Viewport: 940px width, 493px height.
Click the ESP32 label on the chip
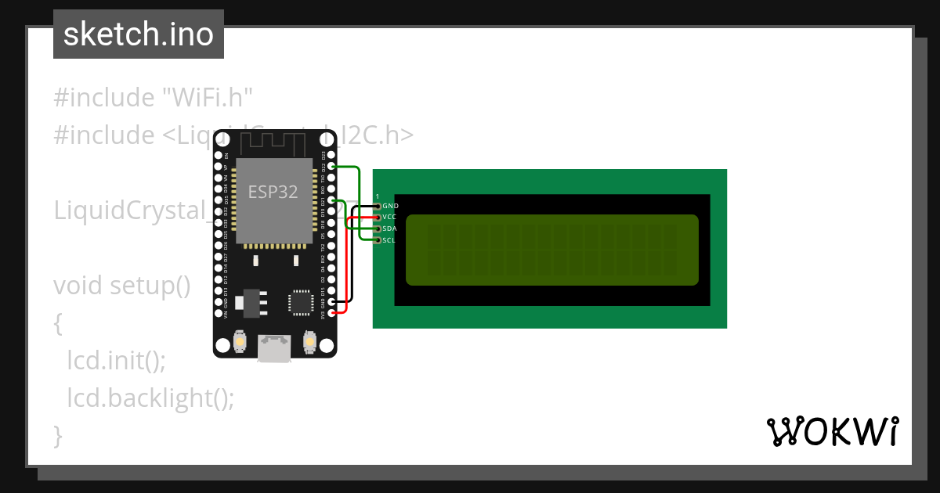coord(273,192)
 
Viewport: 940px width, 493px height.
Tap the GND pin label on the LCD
coord(390,206)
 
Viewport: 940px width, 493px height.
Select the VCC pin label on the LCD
coord(389,217)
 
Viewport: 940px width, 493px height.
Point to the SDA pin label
coord(389,229)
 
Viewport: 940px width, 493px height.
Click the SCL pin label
coord(389,240)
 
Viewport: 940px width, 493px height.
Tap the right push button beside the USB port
coord(309,342)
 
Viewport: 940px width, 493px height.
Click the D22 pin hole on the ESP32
coord(332,167)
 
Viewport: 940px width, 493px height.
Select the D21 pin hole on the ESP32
coord(332,201)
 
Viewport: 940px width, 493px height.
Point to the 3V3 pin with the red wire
coord(332,313)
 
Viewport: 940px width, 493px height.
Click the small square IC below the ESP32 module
coord(300,302)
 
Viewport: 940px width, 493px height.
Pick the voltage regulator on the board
coord(251,302)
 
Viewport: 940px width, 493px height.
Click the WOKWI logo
coord(833,431)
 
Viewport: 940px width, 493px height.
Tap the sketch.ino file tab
coord(139,34)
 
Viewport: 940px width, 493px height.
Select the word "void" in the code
coord(78,286)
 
